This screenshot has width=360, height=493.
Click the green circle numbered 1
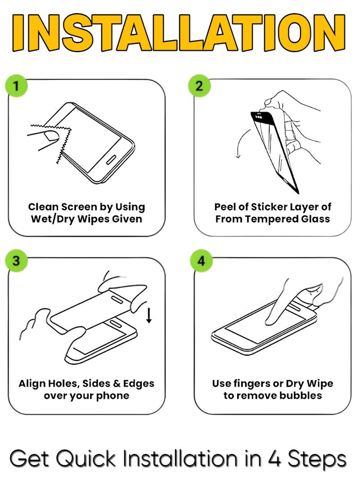tap(16, 85)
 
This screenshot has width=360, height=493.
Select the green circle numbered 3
tap(16, 261)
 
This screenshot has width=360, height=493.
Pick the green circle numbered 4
tap(201, 261)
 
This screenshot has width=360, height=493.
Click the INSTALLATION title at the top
tap(180, 34)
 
